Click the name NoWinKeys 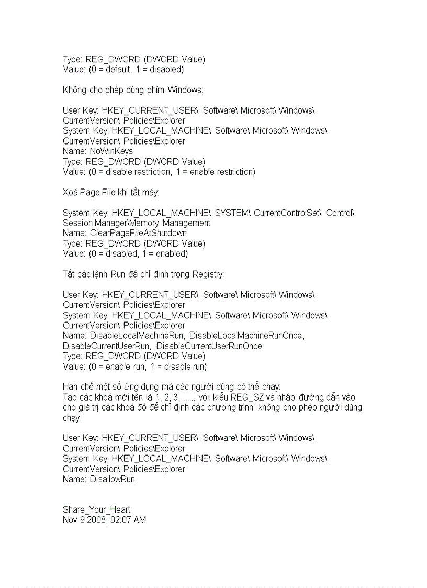point(111,151)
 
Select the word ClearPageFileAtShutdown point(138,233)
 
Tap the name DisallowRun point(112,479)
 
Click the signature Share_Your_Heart point(96,510)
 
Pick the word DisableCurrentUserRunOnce point(209,346)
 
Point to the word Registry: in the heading point(208,274)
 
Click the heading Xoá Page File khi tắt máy point(111,192)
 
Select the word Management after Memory point(189,223)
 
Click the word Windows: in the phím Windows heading point(185,90)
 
